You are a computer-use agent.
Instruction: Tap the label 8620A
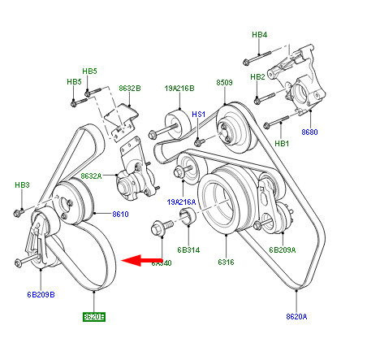point(296,316)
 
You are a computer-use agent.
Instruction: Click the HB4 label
point(260,35)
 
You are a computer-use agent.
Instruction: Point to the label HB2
point(257,77)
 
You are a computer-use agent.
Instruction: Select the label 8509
point(225,83)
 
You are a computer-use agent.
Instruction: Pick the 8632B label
point(130,87)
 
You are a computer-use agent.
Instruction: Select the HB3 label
point(23,186)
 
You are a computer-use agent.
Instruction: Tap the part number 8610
point(121,214)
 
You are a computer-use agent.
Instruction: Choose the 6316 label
point(225,262)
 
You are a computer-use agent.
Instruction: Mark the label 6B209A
point(283,250)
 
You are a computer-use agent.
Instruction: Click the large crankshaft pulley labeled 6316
point(222,199)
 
